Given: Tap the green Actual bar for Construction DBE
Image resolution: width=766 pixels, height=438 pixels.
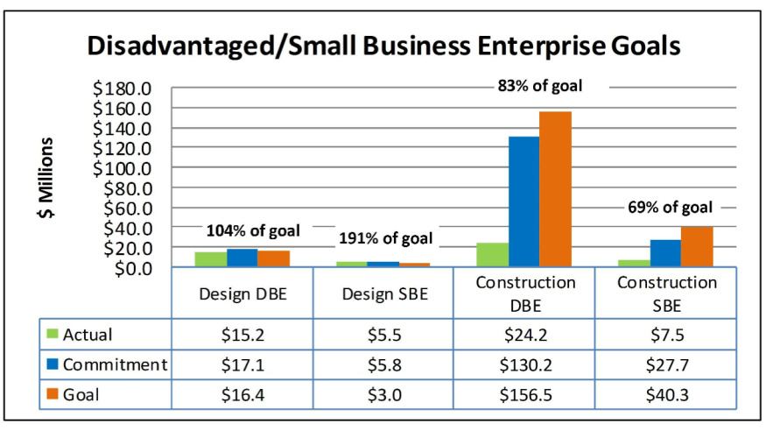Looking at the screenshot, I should pos(493,255).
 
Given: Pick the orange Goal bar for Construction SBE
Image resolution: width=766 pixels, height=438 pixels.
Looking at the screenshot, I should pos(697,247).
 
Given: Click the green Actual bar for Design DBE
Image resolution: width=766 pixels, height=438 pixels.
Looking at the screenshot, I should pos(210,259).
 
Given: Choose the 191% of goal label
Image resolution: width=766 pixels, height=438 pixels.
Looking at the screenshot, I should pos(385,238).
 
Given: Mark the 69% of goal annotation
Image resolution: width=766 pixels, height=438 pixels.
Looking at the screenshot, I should pos(671,208).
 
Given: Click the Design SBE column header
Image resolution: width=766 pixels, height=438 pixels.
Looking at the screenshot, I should pos(383,294).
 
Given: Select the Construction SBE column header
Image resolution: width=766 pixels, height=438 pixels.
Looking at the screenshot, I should pos(666,294).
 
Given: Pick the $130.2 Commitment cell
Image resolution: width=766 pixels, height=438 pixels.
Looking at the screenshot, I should pos(524,364).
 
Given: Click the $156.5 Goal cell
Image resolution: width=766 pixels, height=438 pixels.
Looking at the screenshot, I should pos(524,394).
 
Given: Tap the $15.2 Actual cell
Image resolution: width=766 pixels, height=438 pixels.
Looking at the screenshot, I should pos(242,335).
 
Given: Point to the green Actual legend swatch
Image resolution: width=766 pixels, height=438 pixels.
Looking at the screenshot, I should pos(53,335).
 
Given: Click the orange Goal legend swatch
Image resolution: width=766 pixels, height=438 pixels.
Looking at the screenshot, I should pos(53,394).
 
